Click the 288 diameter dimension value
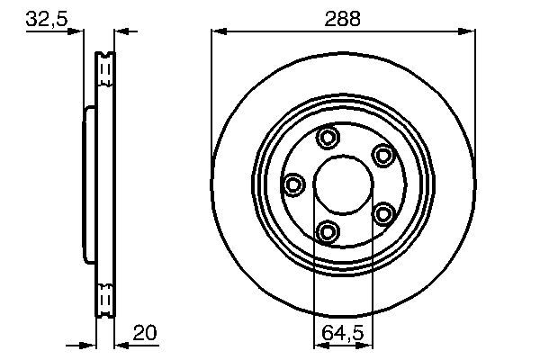click(x=344, y=18)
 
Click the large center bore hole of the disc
click(x=343, y=184)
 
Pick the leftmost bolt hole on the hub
click(x=293, y=185)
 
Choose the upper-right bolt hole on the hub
click(x=384, y=155)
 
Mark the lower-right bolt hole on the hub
click(x=384, y=213)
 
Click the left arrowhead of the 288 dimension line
click(x=217, y=31)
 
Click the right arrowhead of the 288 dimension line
click(x=469, y=31)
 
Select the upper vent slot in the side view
click(x=105, y=65)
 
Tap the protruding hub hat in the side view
click(x=88, y=184)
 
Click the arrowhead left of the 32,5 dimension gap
click(x=76, y=31)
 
